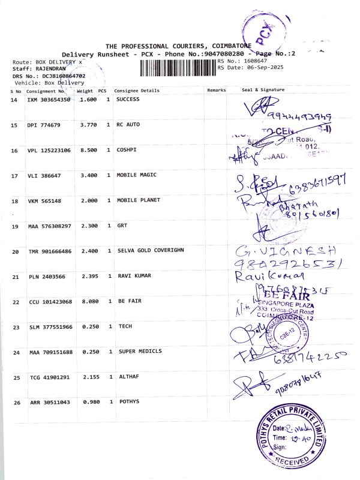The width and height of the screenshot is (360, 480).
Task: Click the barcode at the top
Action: click(x=178, y=67)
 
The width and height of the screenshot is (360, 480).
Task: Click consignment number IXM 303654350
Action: click(x=49, y=99)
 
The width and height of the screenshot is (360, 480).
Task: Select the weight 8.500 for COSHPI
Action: click(x=88, y=150)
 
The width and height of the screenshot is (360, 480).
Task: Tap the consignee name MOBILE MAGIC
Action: click(x=136, y=175)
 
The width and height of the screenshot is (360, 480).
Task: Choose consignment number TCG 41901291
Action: click(x=49, y=377)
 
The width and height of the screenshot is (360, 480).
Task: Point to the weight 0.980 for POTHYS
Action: click(x=88, y=402)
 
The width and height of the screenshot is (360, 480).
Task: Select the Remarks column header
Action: click(x=216, y=90)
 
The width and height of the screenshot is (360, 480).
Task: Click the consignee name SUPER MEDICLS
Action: click(x=140, y=351)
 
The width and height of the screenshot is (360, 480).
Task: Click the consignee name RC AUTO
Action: click(x=128, y=125)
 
